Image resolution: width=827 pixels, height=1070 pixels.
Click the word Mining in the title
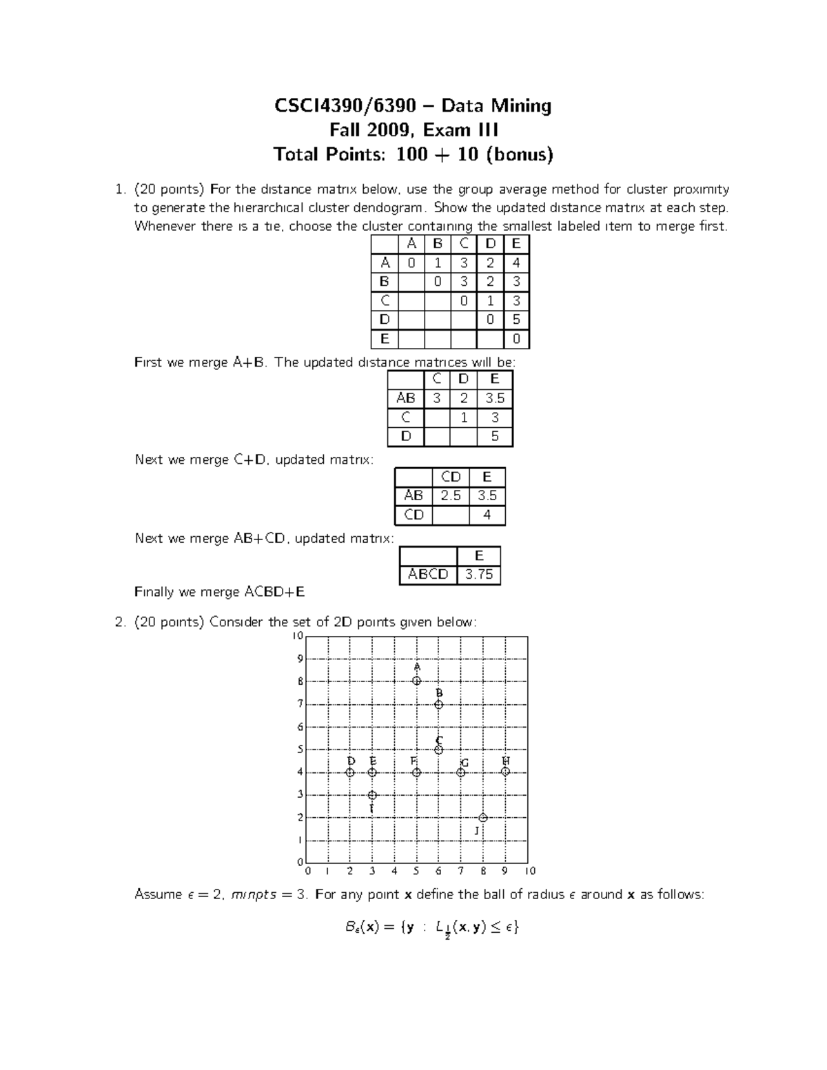[x=521, y=105]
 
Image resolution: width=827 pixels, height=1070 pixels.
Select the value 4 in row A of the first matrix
[x=516, y=263]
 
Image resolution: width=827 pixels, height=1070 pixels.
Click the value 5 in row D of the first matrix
[x=516, y=320]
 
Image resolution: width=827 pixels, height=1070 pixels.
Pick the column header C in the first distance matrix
[x=464, y=243]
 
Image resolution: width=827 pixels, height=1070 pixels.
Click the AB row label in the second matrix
[x=405, y=398]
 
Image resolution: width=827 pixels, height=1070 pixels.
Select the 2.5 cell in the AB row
[x=450, y=495]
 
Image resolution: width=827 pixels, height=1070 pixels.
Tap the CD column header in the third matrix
[x=450, y=477]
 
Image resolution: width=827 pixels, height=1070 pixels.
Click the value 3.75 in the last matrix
[x=478, y=575]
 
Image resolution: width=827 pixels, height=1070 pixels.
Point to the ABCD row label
[x=428, y=575]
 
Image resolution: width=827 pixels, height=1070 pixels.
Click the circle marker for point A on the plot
[x=416, y=681]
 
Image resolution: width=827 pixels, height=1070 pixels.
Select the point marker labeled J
[x=483, y=818]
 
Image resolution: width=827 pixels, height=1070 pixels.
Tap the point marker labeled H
[x=505, y=772]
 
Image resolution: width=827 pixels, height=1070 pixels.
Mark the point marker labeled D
[x=350, y=772]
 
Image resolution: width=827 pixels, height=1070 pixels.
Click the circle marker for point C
[x=438, y=750]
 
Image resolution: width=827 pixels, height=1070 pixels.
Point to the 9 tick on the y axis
[x=300, y=659]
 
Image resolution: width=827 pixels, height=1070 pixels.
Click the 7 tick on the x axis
[x=461, y=872]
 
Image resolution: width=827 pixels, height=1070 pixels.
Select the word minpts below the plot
[x=254, y=895]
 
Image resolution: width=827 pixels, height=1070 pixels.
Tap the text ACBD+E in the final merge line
[x=274, y=592]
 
